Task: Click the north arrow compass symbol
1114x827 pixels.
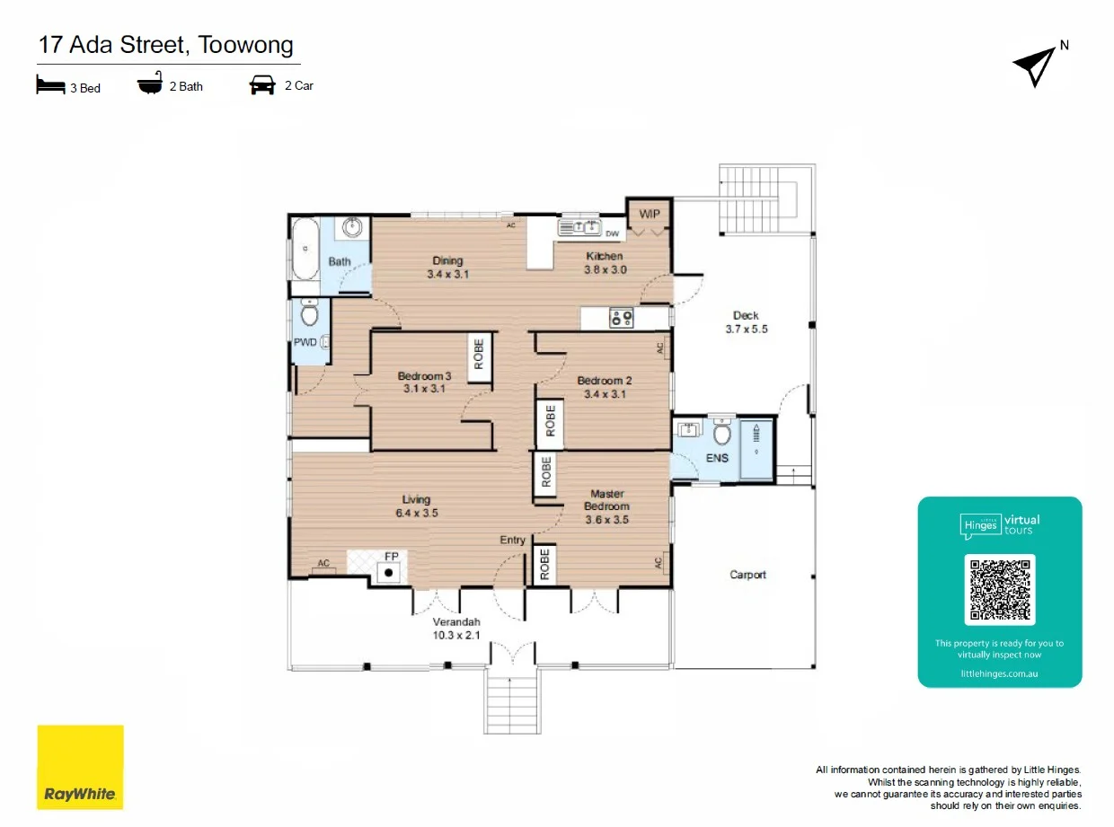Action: pyautogui.click(x=1035, y=66)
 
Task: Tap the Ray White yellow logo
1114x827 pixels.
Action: pyautogui.click(x=80, y=767)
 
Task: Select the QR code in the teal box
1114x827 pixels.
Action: pyautogui.click(x=1000, y=589)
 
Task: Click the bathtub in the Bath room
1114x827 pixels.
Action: pyautogui.click(x=305, y=249)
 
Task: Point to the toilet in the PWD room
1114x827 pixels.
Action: pyautogui.click(x=309, y=313)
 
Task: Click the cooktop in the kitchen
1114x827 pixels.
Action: pyautogui.click(x=622, y=318)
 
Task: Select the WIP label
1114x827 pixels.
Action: pyautogui.click(x=650, y=214)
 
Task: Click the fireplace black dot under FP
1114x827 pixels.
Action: pyautogui.click(x=388, y=572)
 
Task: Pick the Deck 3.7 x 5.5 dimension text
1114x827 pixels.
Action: pyautogui.click(x=747, y=329)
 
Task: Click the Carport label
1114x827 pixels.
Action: pyautogui.click(x=747, y=575)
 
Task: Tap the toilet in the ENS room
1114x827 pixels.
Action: pyautogui.click(x=721, y=433)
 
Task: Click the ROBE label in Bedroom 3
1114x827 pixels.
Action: pyautogui.click(x=479, y=354)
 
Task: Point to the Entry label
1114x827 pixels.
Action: pyautogui.click(x=512, y=540)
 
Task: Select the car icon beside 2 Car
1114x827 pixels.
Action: pyautogui.click(x=262, y=85)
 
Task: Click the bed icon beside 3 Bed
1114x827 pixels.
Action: pyautogui.click(x=50, y=84)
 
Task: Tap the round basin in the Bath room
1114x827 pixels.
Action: pyautogui.click(x=352, y=227)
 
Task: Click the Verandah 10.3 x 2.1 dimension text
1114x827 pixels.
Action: pyautogui.click(x=456, y=635)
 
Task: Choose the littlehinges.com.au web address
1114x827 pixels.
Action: pyautogui.click(x=999, y=673)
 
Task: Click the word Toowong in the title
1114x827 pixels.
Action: pyautogui.click(x=245, y=45)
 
